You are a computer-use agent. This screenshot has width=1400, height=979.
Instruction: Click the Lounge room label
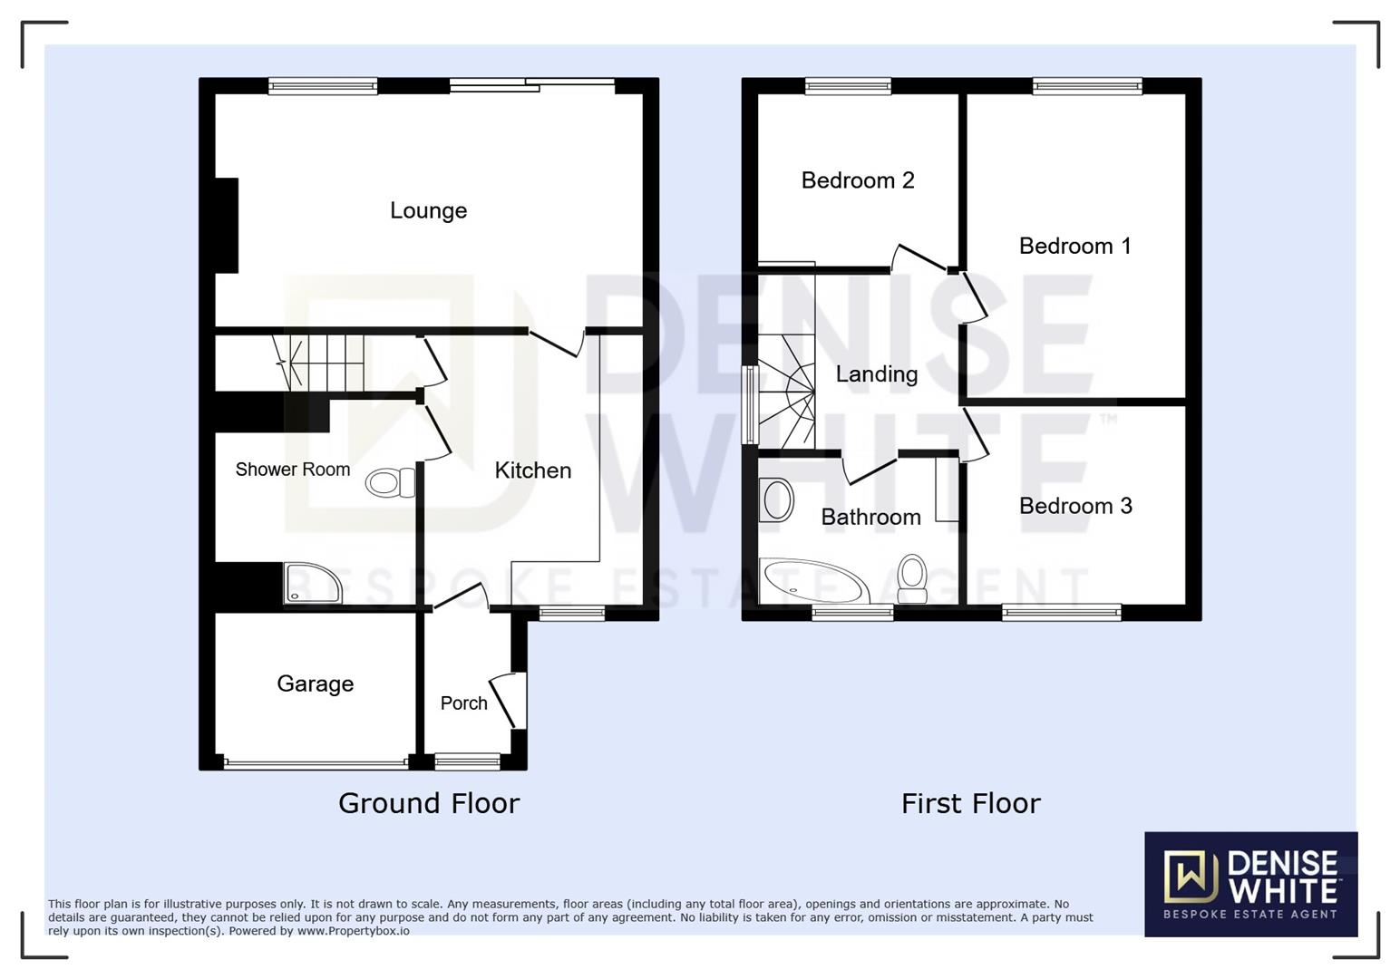tap(428, 211)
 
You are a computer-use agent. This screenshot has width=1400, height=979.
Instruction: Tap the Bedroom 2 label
tap(858, 180)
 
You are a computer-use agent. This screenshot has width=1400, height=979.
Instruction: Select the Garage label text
tap(315, 684)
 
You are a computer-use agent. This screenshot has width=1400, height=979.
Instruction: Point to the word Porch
tap(463, 703)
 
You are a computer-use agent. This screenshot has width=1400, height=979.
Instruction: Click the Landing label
tap(877, 375)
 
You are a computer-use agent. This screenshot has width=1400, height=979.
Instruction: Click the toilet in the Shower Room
tap(391, 482)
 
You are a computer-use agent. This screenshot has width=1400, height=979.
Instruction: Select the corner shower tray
tap(313, 583)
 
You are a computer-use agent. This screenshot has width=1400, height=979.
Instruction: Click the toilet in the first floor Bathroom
tap(912, 578)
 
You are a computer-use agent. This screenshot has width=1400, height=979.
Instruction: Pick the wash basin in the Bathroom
tap(776, 499)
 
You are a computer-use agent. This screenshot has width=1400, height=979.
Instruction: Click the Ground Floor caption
tap(429, 803)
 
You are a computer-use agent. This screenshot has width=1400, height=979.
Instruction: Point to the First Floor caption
tap(970, 803)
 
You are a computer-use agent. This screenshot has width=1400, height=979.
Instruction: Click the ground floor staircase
tap(320, 362)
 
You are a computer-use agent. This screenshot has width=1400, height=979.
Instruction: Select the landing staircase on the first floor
tap(786, 391)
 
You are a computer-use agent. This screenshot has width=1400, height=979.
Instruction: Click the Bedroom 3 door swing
tap(976, 435)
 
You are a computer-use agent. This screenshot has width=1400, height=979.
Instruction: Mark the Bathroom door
tap(869, 470)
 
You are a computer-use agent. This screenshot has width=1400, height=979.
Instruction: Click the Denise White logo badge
tap(1250, 885)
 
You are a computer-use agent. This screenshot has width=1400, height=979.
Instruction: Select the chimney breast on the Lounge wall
tap(227, 226)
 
